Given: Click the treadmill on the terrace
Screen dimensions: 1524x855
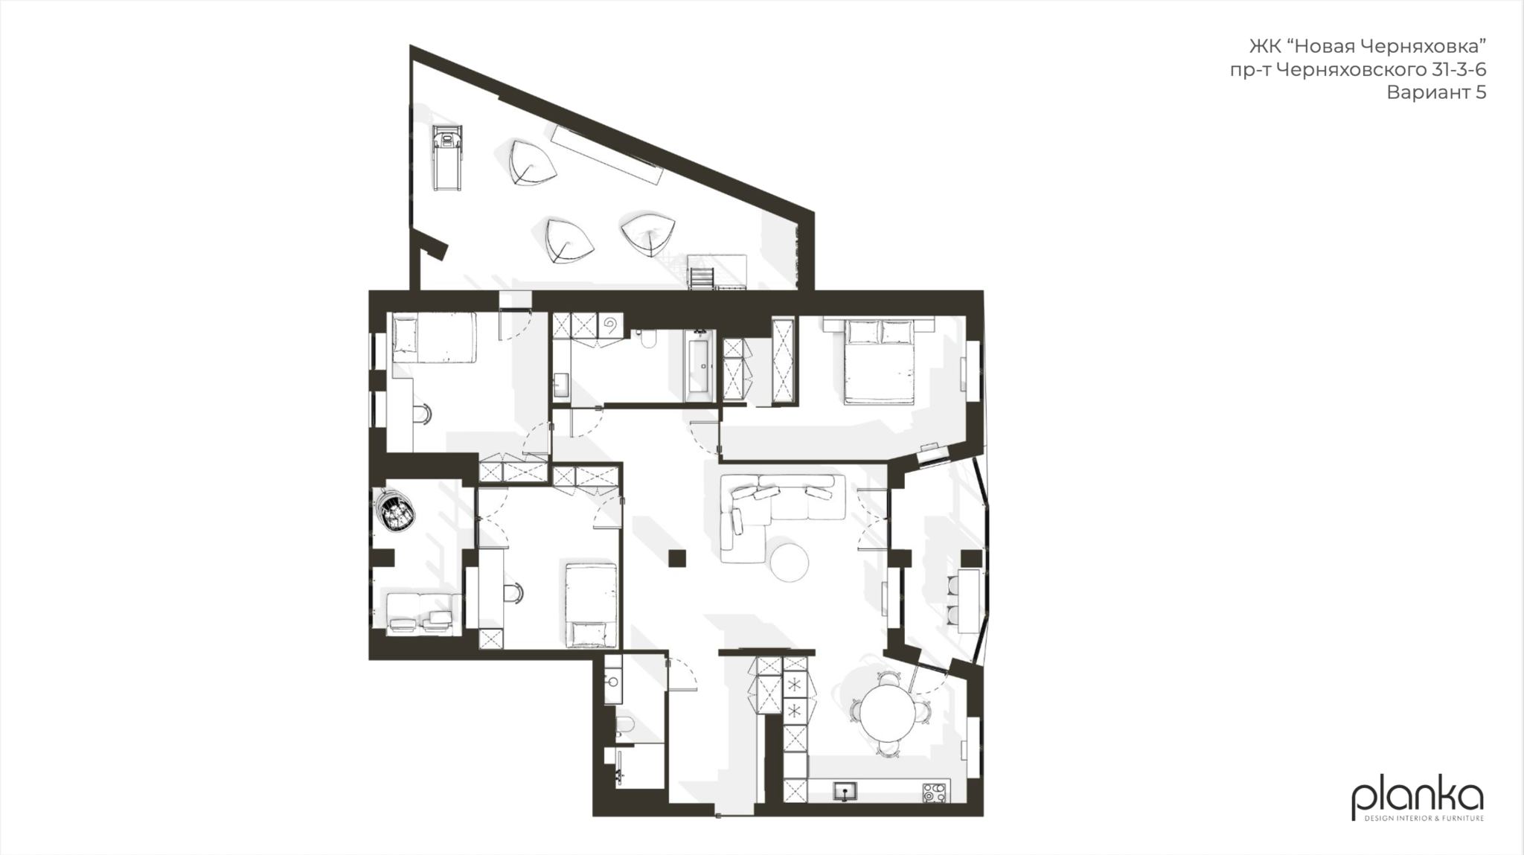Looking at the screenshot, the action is (x=446, y=158).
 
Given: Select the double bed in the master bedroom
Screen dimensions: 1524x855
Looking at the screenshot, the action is (x=879, y=361).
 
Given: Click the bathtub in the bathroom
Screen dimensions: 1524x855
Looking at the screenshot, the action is (x=699, y=366).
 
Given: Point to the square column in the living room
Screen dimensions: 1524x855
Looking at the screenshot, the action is (x=677, y=558).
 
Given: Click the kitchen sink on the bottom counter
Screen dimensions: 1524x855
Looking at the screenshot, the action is (x=845, y=791).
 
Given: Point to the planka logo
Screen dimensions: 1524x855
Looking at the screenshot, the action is (x=1418, y=801).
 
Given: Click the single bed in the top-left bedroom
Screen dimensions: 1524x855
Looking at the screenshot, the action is (x=434, y=337).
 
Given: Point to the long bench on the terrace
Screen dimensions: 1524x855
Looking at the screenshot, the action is (x=606, y=155).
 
